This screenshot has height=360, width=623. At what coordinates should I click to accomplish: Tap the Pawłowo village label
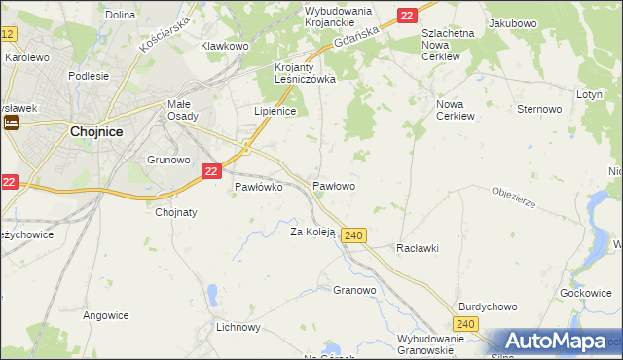pyautogui.click(x=333, y=185)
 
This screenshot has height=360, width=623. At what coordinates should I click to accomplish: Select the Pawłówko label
pyautogui.click(x=259, y=188)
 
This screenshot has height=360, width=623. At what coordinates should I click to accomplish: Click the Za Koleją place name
pyautogui.click(x=312, y=232)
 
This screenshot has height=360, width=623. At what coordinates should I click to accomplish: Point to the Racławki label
pyautogui.click(x=418, y=248)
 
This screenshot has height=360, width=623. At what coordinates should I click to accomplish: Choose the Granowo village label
pyautogui.click(x=354, y=290)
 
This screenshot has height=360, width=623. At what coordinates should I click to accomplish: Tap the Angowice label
pyautogui.click(x=106, y=315)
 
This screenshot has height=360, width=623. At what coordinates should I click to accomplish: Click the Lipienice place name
pyautogui.click(x=275, y=111)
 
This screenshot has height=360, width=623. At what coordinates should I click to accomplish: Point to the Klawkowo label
pyautogui.click(x=225, y=46)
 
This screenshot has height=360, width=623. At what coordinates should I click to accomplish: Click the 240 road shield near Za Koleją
pyautogui.click(x=354, y=235)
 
